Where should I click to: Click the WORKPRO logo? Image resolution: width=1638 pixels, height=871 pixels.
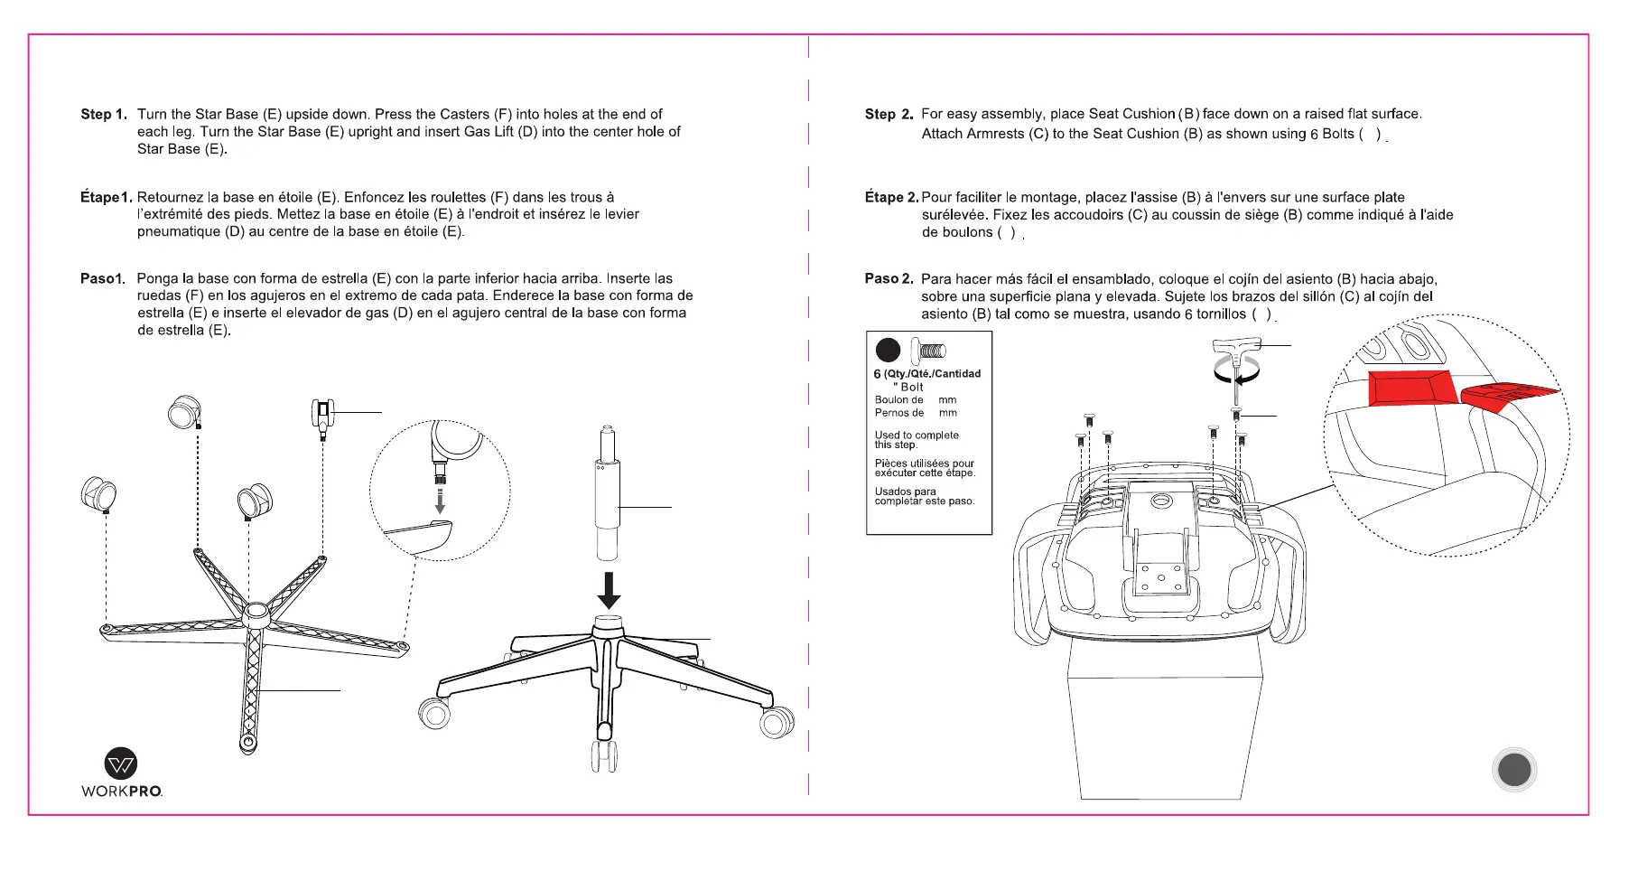[122, 773]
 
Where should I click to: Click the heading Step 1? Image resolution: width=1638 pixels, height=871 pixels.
[103, 115]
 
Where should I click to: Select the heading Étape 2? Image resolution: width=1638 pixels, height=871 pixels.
[891, 197]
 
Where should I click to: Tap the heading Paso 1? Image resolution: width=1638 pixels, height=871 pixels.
[102, 278]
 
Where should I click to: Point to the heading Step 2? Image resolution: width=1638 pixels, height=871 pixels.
[889, 114]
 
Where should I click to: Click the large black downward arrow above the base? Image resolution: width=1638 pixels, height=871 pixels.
[610, 590]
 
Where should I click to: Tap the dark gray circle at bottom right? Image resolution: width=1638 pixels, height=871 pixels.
[1514, 770]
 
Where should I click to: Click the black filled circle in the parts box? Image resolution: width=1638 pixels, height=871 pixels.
[888, 350]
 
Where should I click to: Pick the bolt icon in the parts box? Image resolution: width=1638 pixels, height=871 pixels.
[928, 350]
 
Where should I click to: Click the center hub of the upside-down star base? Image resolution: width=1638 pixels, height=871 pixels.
[256, 613]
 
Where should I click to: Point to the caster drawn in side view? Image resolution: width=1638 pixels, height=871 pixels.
[322, 417]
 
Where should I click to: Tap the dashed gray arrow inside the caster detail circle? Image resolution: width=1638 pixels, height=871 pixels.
[440, 501]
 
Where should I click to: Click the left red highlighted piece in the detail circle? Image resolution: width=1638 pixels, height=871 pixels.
[1408, 388]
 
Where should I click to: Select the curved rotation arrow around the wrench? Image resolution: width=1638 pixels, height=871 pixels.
[1234, 370]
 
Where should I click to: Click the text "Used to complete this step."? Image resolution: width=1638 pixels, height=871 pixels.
[916, 439]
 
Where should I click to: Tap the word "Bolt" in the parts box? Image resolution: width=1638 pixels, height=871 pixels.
[911, 387]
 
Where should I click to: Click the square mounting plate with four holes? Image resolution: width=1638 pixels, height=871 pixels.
[1157, 577]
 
